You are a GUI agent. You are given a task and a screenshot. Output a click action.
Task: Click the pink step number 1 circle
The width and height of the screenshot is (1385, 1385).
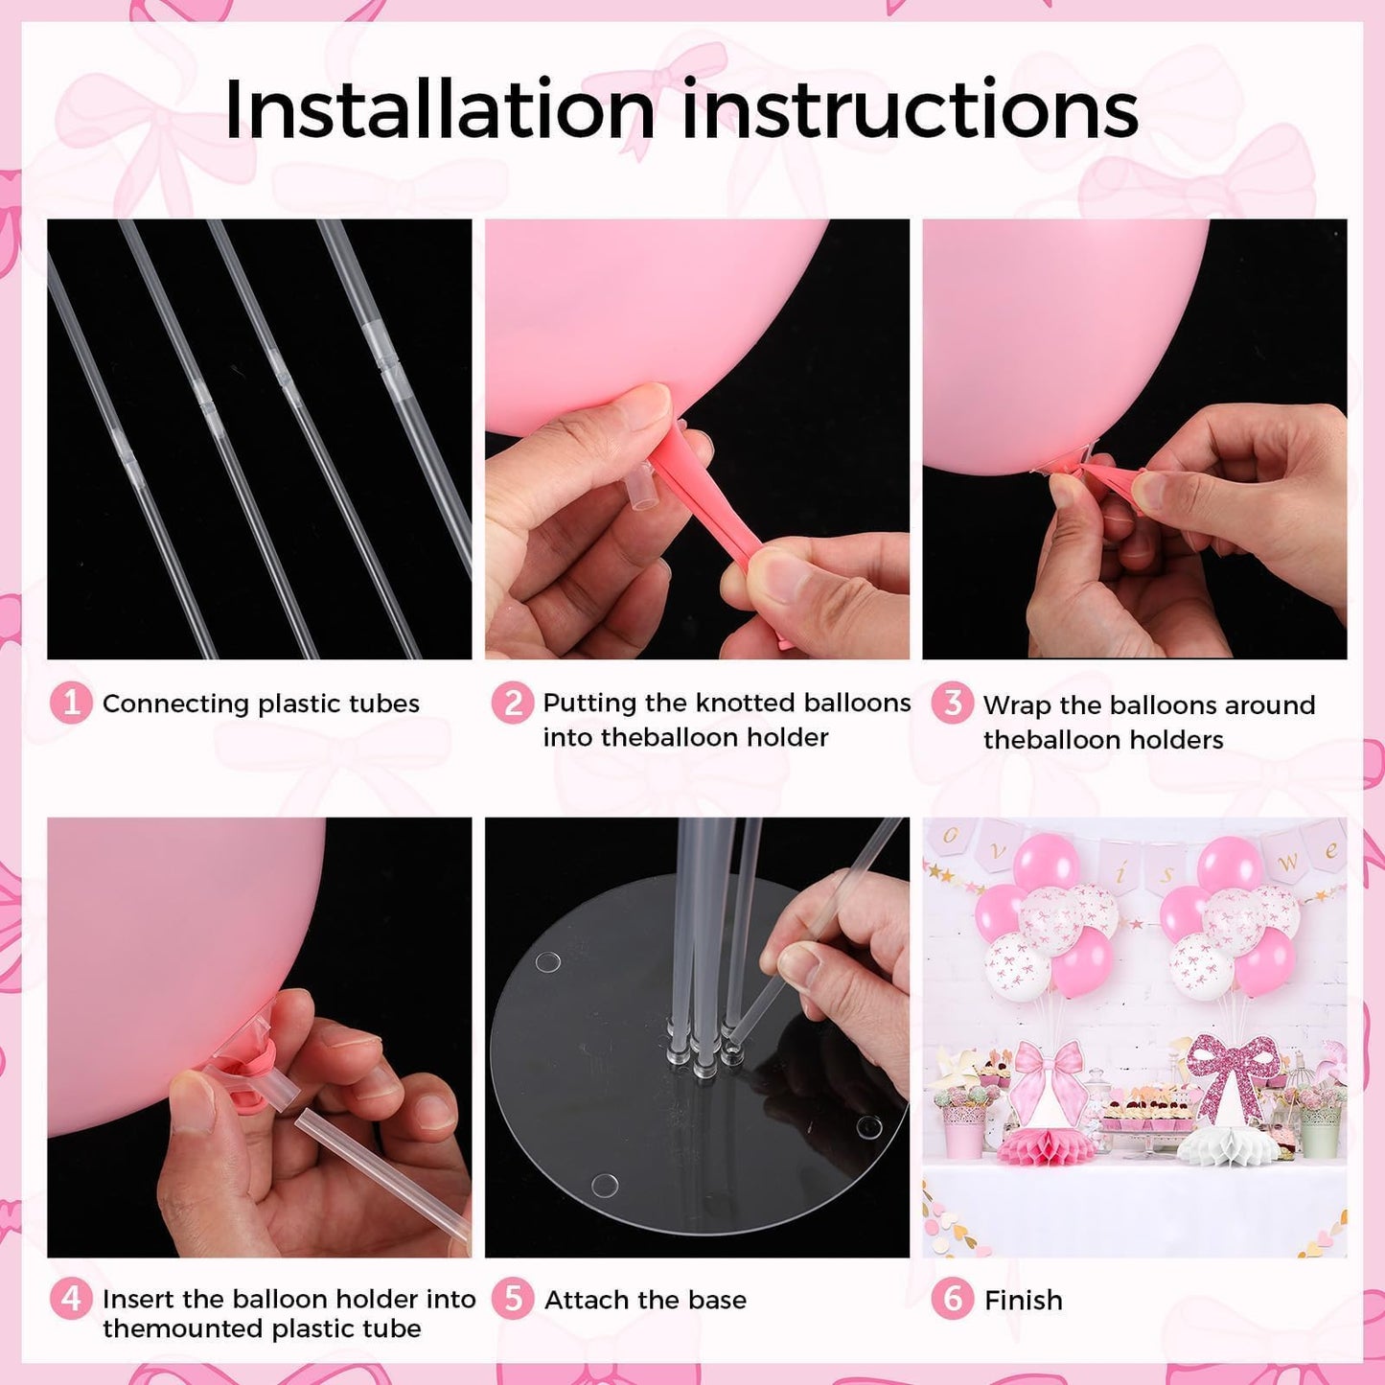coord(70,703)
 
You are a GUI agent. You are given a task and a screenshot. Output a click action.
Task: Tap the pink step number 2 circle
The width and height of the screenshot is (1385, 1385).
coord(513,703)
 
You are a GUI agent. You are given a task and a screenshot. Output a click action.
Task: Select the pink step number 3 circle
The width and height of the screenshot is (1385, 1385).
coord(953,704)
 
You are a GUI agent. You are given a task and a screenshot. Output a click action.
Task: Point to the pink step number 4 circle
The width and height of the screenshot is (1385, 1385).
coord(70,1298)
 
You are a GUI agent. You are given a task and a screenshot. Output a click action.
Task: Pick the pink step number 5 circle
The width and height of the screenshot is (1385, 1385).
coord(513,1298)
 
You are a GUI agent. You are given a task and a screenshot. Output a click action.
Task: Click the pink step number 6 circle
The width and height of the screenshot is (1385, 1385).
coord(953,1298)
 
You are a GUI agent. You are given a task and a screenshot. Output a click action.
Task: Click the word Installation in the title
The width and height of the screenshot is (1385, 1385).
coord(439,109)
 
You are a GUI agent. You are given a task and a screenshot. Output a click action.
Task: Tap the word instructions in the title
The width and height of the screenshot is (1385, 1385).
coord(910,109)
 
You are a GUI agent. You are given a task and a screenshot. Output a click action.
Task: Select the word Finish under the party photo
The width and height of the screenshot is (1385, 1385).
coord(1023,1300)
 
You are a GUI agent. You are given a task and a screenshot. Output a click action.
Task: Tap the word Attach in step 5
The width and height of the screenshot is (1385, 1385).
coord(587,1300)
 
